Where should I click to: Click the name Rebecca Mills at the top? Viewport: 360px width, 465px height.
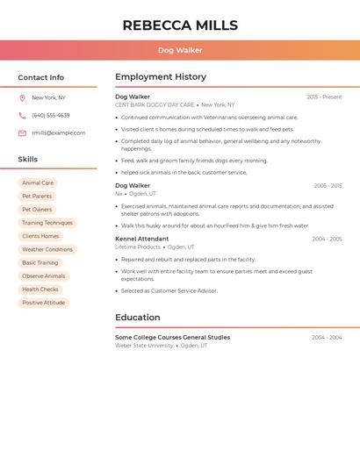[180, 25]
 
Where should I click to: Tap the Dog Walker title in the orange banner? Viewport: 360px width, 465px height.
[180, 51]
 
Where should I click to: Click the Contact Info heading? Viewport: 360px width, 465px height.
[41, 77]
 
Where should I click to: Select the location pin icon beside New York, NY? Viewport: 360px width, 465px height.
[22, 98]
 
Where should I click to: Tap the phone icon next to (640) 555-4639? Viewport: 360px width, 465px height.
[22, 116]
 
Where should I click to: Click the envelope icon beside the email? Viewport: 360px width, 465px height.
[22, 133]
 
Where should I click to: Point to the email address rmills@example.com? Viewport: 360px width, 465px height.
[59, 133]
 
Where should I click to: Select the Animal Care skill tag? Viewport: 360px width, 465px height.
[38, 183]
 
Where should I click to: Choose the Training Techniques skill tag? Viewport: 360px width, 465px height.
[47, 223]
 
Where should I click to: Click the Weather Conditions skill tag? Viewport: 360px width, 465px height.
[47, 250]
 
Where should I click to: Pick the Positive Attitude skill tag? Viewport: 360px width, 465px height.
[44, 303]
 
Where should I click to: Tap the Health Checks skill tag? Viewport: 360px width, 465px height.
[40, 290]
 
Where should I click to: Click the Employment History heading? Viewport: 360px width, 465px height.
[161, 77]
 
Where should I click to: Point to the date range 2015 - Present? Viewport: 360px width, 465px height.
[324, 97]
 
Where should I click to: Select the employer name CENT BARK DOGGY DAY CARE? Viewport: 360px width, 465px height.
[155, 105]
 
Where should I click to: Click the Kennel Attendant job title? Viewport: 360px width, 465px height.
[141, 239]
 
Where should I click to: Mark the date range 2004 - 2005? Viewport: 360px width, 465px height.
[327, 239]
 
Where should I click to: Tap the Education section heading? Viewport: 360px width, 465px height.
[138, 318]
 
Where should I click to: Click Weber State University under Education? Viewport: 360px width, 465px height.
[144, 346]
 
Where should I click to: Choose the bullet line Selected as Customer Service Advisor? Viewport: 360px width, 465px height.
[169, 290]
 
